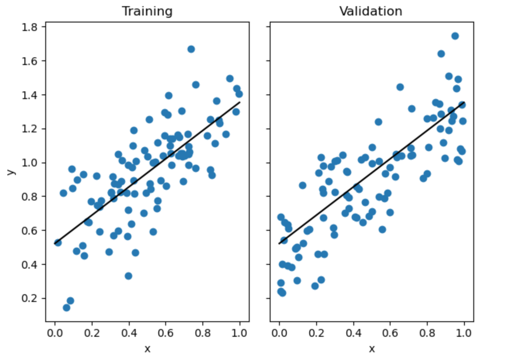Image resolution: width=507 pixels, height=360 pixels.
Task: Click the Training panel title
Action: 147,11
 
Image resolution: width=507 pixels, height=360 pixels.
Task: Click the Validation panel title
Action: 371,11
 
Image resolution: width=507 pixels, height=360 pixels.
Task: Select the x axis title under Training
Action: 147,349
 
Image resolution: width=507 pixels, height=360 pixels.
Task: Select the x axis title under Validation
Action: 372,349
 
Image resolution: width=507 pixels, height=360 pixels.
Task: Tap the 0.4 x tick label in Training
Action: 129,333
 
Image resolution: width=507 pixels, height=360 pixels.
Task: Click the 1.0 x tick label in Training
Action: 240,333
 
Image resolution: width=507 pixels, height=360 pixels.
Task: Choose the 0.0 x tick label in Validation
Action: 279,333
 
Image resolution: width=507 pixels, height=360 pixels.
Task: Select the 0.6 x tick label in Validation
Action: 390,333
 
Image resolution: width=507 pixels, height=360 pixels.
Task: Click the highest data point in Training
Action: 191,49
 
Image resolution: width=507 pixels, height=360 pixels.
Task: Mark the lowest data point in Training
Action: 67,308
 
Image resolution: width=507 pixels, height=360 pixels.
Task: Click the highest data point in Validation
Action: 455,36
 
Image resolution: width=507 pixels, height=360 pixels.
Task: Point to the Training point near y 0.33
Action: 128,276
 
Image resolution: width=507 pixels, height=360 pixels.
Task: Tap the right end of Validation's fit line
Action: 464,103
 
